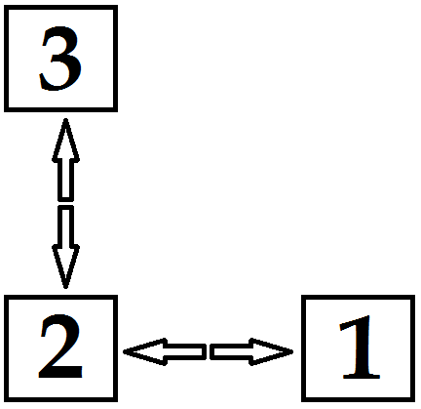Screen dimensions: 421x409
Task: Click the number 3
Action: tap(60, 58)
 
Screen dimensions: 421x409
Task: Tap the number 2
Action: tap(60, 347)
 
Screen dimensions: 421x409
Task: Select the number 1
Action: tap(359, 348)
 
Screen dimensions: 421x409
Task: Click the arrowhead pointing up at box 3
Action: tap(65, 141)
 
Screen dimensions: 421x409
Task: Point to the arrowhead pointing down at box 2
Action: tap(65, 266)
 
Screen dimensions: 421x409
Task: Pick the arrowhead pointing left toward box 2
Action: tap(145, 351)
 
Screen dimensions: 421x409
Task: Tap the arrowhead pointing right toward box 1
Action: tap(271, 351)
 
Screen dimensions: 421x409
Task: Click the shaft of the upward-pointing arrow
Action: tap(65, 181)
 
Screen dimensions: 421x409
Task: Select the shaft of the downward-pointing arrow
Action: tap(65, 225)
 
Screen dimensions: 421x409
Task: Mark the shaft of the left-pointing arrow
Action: tap(185, 351)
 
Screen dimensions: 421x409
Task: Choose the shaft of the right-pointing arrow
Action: tap(231, 351)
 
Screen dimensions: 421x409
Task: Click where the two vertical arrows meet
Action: tap(65, 203)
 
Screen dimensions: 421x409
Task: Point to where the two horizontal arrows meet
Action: tap(208, 351)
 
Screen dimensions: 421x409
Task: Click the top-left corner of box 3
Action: tap(6, 7)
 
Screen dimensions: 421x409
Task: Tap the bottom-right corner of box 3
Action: tap(115, 109)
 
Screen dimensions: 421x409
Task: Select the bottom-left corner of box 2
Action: tap(6, 399)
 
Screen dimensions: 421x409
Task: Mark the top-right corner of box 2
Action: tap(115, 297)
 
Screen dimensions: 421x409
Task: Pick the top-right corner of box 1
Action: tap(413, 297)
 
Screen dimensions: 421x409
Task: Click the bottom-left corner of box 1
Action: tap(303, 399)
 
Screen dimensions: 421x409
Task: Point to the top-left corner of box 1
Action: tap(303, 297)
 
